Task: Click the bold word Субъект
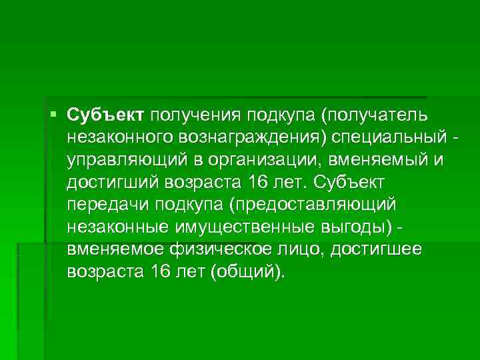click(105, 117)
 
